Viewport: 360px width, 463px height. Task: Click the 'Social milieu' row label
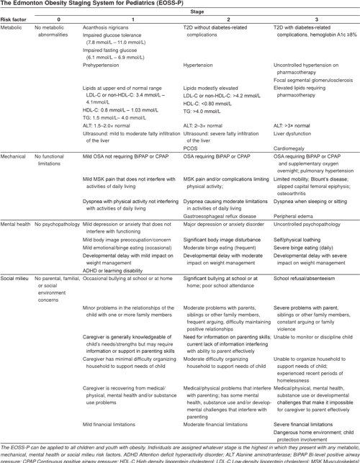[19, 277]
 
